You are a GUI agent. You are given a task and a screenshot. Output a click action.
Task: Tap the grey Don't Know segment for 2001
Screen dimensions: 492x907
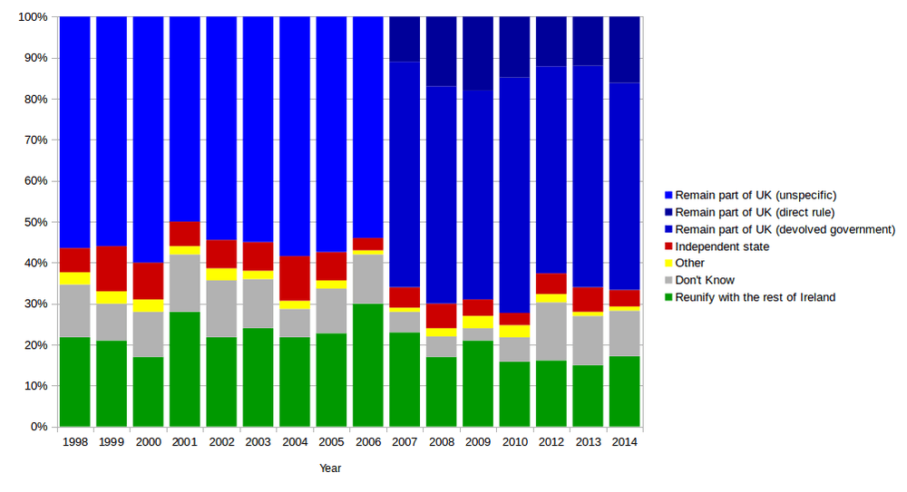tap(185, 283)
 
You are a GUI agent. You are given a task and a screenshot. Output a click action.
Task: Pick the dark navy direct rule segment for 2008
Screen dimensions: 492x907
tap(442, 51)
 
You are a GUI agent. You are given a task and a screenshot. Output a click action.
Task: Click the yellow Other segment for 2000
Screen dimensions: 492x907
tap(148, 305)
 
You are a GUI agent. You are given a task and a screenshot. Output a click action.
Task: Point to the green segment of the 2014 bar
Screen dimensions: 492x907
tap(625, 391)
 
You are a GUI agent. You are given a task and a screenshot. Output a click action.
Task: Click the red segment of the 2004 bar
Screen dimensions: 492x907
tap(295, 278)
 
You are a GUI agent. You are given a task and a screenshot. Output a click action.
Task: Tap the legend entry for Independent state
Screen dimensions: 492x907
tap(722, 246)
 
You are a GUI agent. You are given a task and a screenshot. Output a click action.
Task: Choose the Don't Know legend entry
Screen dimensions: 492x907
tap(705, 280)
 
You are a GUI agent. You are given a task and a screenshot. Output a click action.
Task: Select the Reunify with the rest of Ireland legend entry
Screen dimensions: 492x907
tap(755, 297)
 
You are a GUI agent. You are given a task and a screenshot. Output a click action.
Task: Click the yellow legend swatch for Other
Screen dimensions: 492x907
tap(668, 264)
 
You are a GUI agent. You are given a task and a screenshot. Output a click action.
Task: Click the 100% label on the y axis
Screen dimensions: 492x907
tap(34, 17)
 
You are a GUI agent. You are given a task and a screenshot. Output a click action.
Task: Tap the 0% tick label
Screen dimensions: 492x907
tap(40, 427)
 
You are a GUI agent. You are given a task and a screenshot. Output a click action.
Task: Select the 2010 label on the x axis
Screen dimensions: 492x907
tap(514, 442)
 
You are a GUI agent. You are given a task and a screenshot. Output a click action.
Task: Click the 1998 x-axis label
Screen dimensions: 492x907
tap(74, 442)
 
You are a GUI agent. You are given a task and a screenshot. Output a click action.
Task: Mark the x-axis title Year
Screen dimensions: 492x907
tap(330, 468)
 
